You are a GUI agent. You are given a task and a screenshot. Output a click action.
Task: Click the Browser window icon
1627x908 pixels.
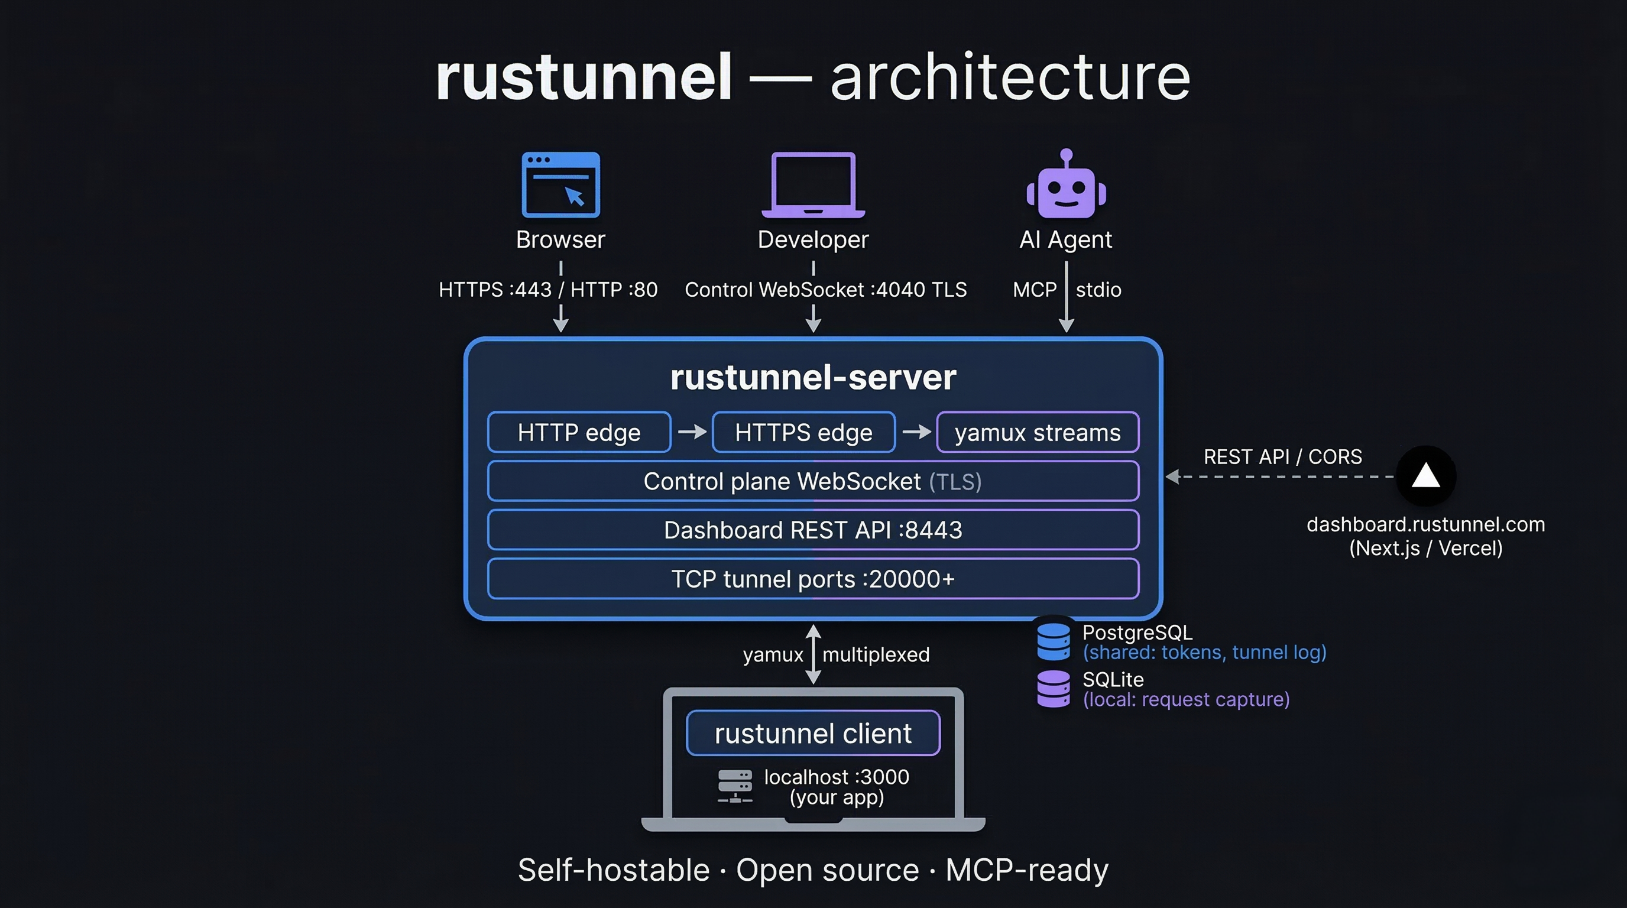(x=560, y=185)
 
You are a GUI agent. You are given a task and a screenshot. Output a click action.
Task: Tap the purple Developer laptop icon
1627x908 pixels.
(x=813, y=185)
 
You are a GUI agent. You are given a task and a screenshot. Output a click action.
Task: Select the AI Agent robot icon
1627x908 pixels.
(x=1066, y=185)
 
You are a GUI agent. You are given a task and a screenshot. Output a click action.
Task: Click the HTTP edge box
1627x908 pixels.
(x=579, y=433)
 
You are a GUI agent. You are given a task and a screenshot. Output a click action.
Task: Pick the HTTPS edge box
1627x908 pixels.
(x=803, y=433)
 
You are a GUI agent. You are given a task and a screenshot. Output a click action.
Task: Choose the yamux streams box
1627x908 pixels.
(x=1037, y=433)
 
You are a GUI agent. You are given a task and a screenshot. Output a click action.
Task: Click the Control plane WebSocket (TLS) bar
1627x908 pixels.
(x=813, y=482)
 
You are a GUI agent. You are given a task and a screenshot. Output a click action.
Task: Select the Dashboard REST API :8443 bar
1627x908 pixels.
(x=813, y=530)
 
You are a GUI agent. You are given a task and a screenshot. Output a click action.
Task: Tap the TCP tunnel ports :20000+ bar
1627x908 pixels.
(x=813, y=579)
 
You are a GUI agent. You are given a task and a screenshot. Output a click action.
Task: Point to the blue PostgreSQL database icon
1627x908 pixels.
(x=1054, y=641)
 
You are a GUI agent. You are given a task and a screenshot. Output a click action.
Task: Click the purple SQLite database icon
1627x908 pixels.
(x=1054, y=689)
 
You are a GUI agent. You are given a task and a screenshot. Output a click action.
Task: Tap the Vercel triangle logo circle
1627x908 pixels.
(x=1425, y=476)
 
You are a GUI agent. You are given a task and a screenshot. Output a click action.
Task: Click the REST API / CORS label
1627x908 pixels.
(x=1282, y=456)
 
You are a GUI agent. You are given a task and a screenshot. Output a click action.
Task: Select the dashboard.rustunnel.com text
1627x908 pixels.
(x=1425, y=525)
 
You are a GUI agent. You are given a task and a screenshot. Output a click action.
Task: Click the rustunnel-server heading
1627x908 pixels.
(x=813, y=378)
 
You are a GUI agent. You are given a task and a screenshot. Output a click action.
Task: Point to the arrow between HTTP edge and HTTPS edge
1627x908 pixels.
(x=692, y=432)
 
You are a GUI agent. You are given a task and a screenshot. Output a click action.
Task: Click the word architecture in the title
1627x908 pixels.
(x=1010, y=77)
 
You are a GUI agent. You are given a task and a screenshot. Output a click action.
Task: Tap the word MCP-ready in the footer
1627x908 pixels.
(x=1026, y=870)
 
